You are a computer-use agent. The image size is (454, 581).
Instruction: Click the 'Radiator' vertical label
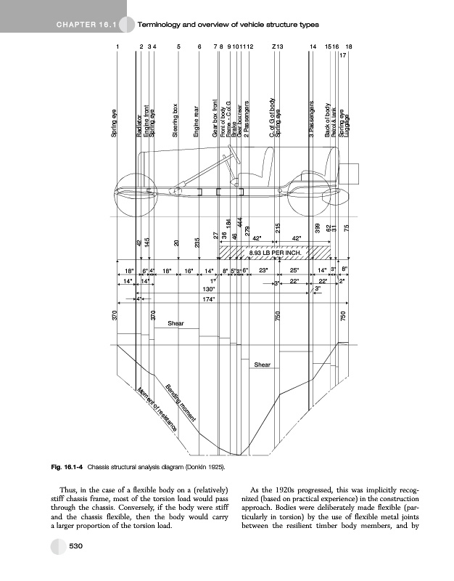click(x=138, y=125)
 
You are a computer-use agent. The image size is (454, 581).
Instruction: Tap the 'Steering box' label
click(x=176, y=120)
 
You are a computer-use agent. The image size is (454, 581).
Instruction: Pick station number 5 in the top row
click(x=178, y=46)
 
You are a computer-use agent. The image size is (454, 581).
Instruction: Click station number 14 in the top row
click(x=313, y=46)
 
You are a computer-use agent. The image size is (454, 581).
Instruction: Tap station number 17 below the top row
click(x=343, y=54)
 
